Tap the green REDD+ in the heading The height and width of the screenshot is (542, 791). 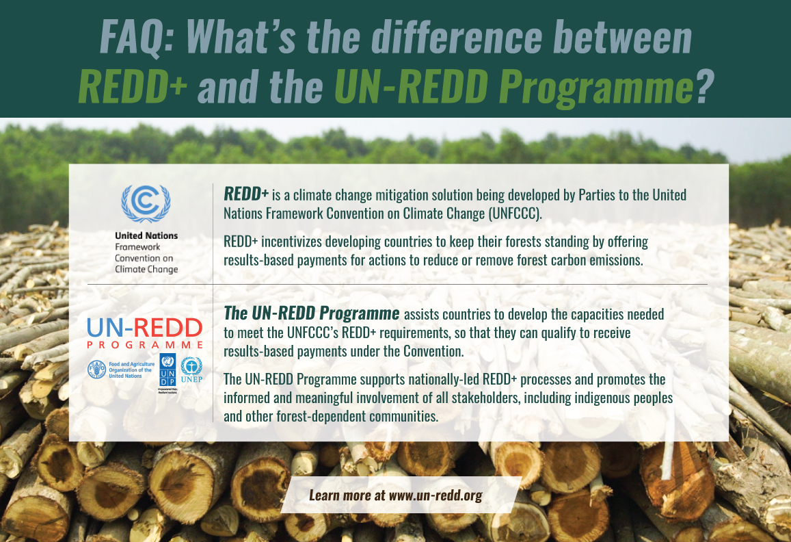click(133, 88)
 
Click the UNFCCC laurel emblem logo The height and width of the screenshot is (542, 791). click(146, 203)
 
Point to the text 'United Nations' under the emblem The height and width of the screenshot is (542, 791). click(146, 235)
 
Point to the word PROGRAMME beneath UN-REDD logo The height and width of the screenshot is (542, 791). click(144, 346)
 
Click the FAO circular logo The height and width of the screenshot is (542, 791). click(96, 370)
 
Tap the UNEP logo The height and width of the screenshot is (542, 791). click(191, 370)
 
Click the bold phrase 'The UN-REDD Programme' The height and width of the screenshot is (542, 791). click(312, 314)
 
